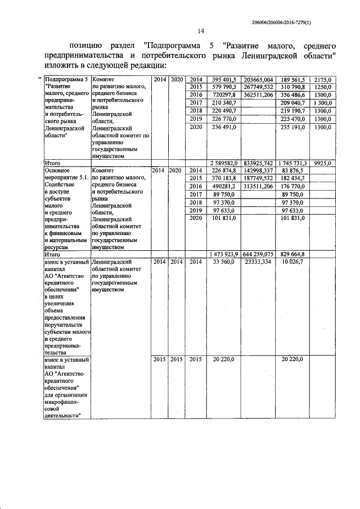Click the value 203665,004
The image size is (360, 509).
point(257,79)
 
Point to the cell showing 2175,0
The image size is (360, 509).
point(322,79)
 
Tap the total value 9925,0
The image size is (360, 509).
point(322,163)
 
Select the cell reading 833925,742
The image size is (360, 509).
point(257,163)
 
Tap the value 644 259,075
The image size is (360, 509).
point(257,254)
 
